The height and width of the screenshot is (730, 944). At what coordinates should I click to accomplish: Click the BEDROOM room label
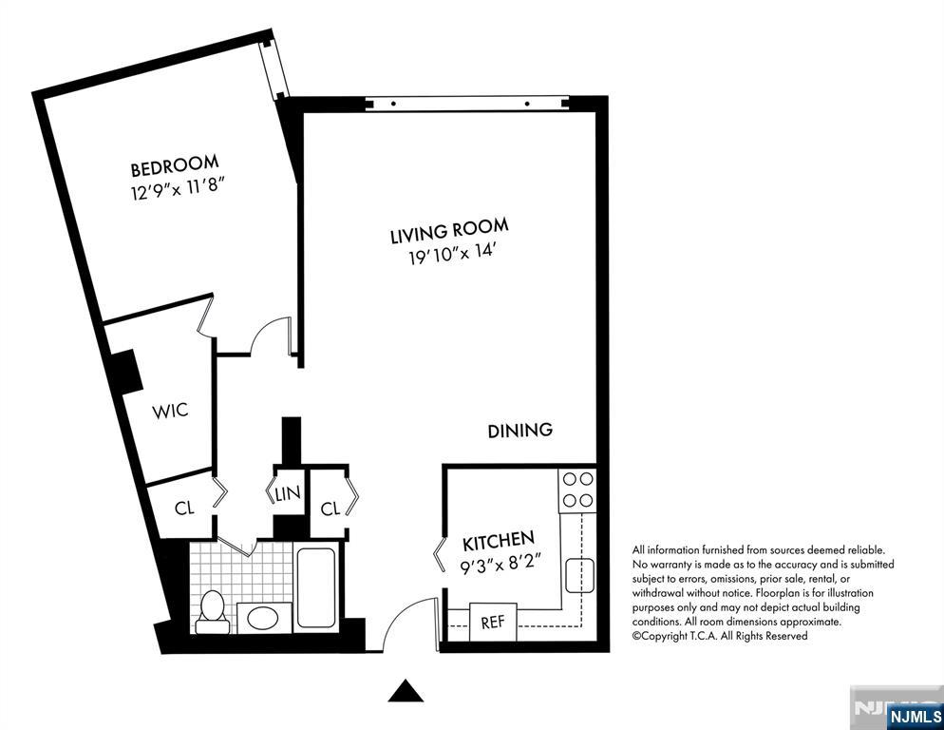(175, 167)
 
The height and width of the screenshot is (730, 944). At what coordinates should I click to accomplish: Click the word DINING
(520, 431)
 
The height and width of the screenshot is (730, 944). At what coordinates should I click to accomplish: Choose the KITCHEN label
(498, 543)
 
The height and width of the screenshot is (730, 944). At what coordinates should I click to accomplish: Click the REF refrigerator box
(493, 623)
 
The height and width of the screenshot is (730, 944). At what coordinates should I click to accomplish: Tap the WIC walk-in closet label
(170, 411)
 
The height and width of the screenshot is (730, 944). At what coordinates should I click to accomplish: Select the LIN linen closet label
(288, 494)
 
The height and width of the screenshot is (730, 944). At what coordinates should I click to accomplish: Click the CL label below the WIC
(184, 508)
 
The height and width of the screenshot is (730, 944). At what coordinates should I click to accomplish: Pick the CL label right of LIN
(330, 509)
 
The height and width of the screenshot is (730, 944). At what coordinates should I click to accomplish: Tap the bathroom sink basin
(257, 619)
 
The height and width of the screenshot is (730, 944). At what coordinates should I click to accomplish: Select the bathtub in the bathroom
(316, 587)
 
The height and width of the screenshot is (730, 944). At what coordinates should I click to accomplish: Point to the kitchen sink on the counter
(579, 574)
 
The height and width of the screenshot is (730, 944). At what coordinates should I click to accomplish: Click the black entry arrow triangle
(406, 691)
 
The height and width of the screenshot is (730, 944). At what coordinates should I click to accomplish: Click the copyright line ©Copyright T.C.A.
(719, 636)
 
